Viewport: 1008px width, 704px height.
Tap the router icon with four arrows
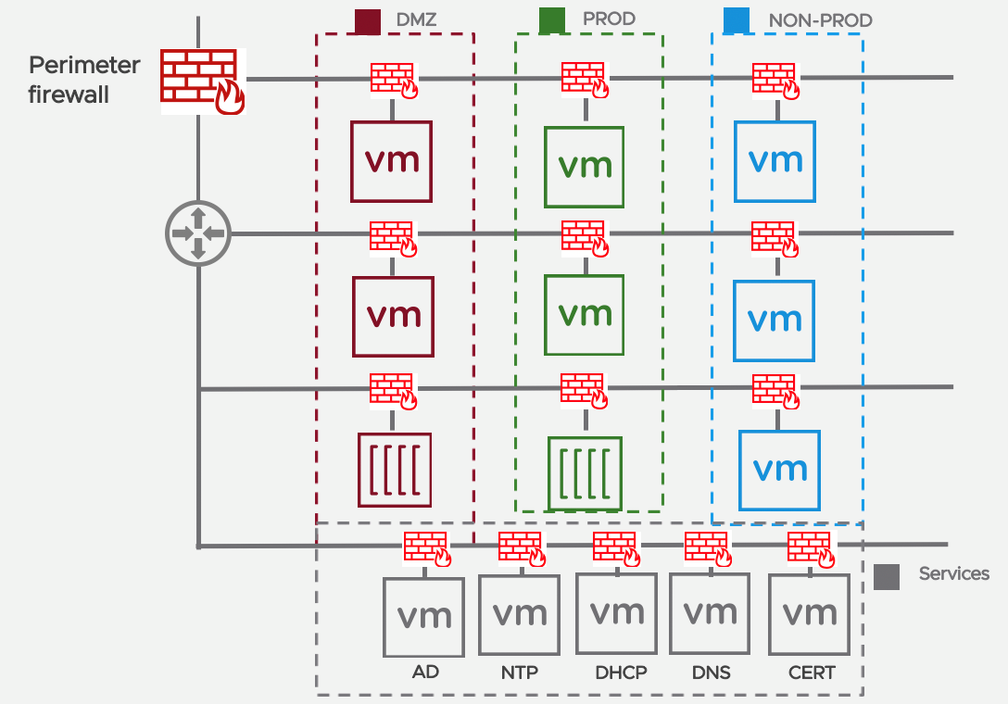[x=197, y=232]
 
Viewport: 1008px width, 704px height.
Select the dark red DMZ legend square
[x=368, y=20]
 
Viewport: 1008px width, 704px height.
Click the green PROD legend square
[x=551, y=20]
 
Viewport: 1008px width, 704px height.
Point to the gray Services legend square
[x=887, y=576]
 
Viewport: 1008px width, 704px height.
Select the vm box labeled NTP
[x=519, y=614]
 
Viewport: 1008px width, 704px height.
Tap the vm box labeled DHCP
[x=616, y=612]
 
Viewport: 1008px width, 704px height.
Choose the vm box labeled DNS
[x=710, y=612]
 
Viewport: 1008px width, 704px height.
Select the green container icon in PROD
[x=585, y=472]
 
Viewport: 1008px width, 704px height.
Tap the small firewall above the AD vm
[x=426, y=548]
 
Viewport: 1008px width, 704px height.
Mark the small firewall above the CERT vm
[x=810, y=547]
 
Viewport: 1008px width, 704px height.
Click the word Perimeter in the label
[x=84, y=66]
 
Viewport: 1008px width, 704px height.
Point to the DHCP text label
[x=620, y=673]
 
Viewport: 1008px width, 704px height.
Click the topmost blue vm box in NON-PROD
[x=775, y=161]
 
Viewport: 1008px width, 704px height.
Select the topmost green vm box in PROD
[x=585, y=167]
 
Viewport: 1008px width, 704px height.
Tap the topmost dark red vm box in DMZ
[x=392, y=161]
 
